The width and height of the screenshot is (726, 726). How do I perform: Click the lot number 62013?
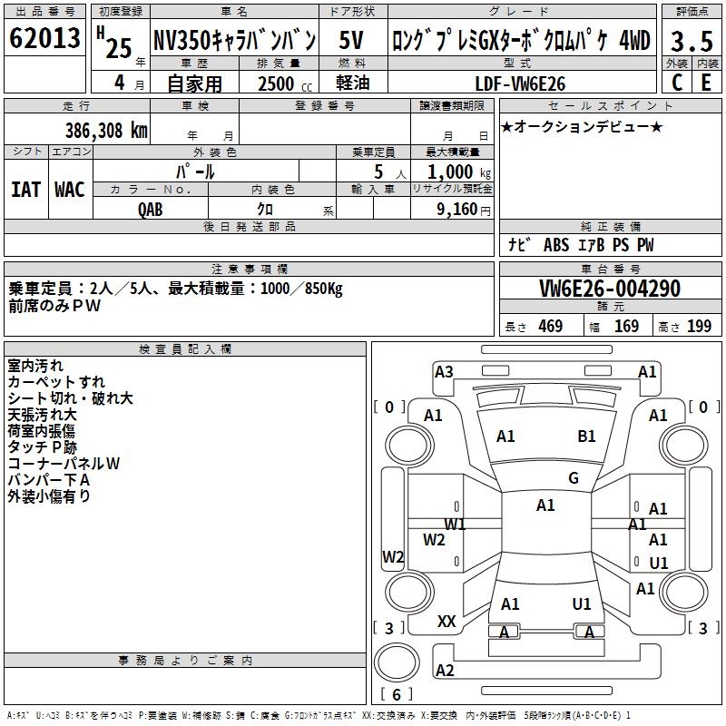click(x=44, y=39)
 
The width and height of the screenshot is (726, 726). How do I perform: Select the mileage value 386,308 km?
click(x=106, y=130)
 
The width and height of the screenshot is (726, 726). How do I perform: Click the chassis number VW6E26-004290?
click(x=610, y=289)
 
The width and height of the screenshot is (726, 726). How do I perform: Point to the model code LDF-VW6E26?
click(x=521, y=83)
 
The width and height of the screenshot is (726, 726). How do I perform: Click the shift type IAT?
click(x=25, y=189)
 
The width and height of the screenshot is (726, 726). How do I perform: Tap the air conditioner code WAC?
click(x=69, y=189)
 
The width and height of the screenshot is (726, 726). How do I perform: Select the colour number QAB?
click(x=151, y=209)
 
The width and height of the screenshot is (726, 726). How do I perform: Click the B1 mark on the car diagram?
click(x=586, y=437)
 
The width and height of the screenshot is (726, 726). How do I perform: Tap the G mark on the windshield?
click(x=573, y=478)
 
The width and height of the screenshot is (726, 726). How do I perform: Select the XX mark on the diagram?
click(x=446, y=622)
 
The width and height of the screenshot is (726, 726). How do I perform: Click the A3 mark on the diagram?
click(x=444, y=371)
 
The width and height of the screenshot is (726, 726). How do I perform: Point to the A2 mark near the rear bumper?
click(x=445, y=671)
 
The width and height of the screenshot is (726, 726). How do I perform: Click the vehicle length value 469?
click(x=550, y=327)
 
